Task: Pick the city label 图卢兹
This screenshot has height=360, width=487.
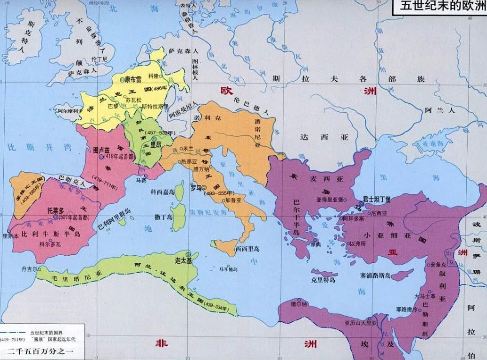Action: coord(101,150)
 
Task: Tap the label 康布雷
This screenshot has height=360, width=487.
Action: coord(133,81)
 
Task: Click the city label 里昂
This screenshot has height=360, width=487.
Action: coord(155,145)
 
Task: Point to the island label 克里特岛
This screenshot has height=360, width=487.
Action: coord(323,280)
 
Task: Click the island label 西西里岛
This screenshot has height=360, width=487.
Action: coord(248,248)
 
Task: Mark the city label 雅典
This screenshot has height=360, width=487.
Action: coord(315,244)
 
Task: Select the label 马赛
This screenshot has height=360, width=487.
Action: coord(140,180)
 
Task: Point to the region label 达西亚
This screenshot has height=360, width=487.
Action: coord(325,137)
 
